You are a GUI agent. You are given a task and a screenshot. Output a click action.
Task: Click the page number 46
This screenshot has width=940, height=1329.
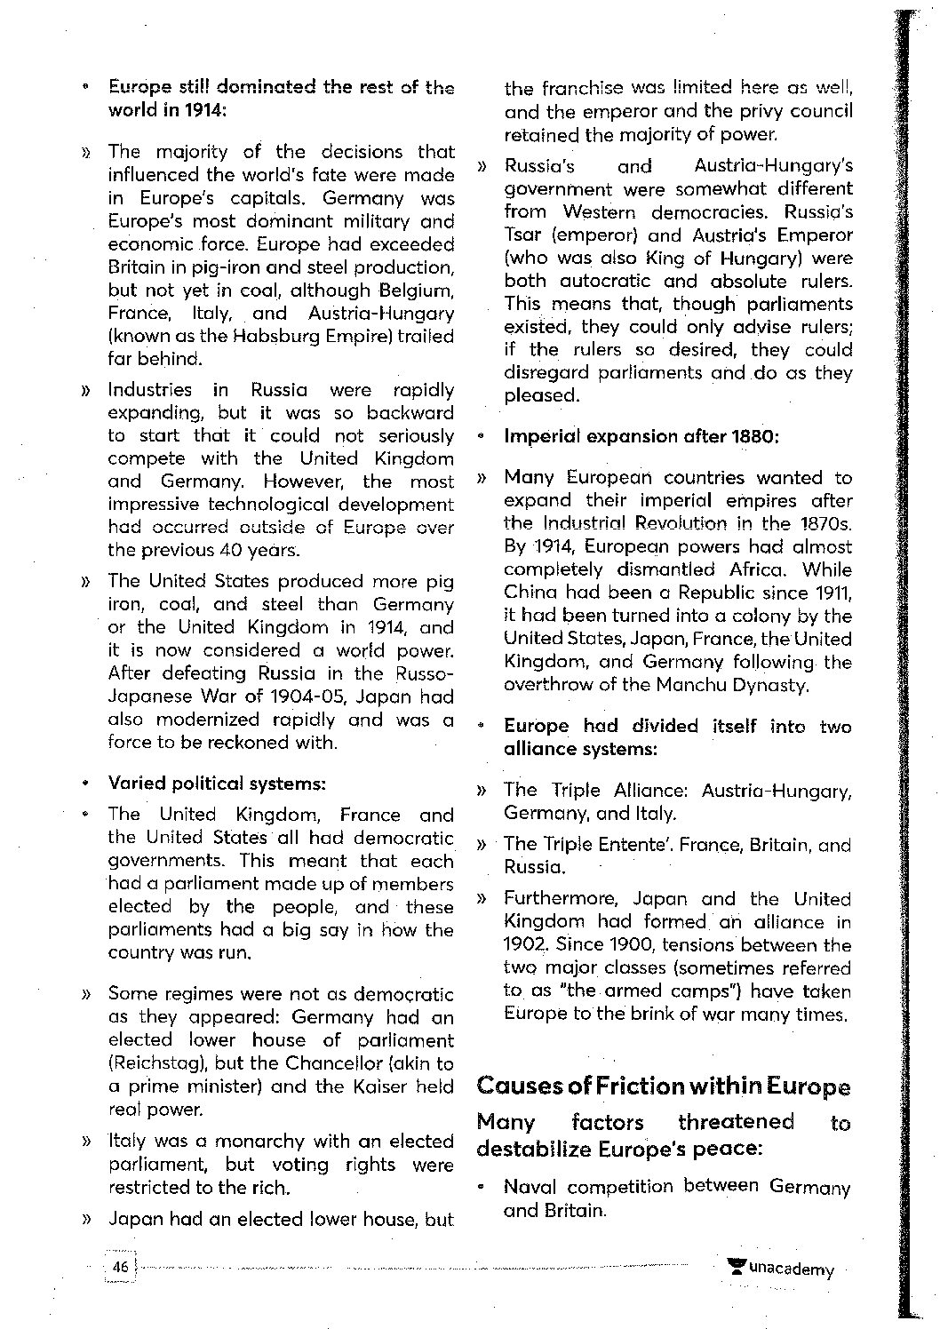tap(120, 1267)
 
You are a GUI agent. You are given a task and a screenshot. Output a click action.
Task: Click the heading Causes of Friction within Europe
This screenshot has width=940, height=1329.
tap(663, 1086)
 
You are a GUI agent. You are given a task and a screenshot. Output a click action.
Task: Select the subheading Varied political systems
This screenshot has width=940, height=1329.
tap(217, 784)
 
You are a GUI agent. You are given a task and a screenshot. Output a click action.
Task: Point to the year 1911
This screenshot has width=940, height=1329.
tap(833, 593)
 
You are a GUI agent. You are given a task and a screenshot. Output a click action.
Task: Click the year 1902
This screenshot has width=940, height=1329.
tap(522, 945)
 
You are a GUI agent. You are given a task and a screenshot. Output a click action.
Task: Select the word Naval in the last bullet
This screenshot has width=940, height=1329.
tap(530, 1187)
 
